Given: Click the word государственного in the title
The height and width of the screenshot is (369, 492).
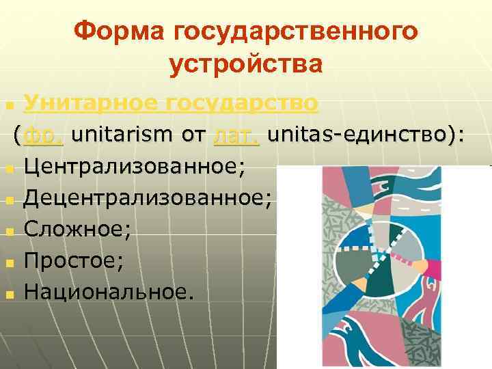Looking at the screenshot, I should pyautogui.click(x=296, y=31).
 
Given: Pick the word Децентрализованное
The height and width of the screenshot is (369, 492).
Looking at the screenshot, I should pyautogui.click(x=147, y=197).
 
